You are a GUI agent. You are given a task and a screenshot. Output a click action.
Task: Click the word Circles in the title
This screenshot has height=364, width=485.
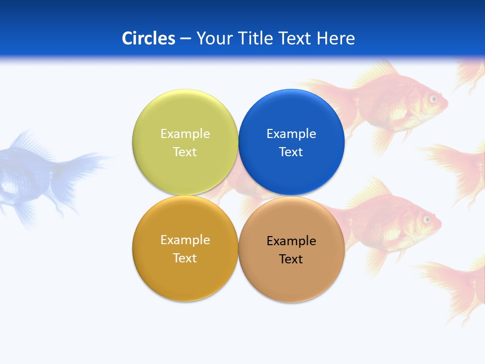(149, 38)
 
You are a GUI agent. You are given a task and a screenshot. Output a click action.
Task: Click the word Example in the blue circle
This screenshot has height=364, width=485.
(291, 133)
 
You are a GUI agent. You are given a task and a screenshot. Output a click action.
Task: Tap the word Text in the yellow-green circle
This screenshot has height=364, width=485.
(185, 152)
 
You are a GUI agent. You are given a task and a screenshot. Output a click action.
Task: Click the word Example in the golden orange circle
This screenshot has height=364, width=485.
(185, 240)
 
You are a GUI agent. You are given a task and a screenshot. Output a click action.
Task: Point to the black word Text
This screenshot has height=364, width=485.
(291, 259)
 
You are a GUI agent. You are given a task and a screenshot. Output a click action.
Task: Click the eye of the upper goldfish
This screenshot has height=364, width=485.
(433, 99)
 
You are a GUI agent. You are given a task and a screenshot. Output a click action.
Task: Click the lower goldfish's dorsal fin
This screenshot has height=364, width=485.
(371, 192)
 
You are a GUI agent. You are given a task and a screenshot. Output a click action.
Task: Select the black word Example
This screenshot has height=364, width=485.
(291, 241)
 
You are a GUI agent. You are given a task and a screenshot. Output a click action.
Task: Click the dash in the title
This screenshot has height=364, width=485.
(185, 38)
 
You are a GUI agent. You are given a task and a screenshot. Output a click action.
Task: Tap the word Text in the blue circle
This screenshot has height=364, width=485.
(291, 152)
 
